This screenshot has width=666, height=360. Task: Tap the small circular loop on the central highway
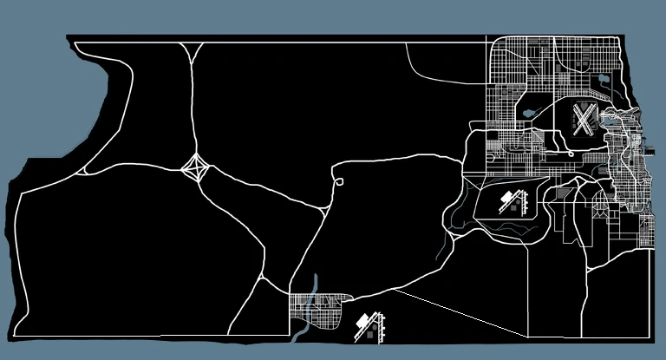(339, 182)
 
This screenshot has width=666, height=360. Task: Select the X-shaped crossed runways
(584, 120)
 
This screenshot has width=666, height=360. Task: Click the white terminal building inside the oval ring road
(505, 201)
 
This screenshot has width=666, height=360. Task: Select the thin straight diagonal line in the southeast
(460, 311)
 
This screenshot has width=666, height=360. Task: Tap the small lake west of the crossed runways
(530, 112)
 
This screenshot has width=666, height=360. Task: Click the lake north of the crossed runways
(600, 81)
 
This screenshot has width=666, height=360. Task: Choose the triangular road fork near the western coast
(87, 170)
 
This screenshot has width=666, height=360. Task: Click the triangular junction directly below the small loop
(327, 207)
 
